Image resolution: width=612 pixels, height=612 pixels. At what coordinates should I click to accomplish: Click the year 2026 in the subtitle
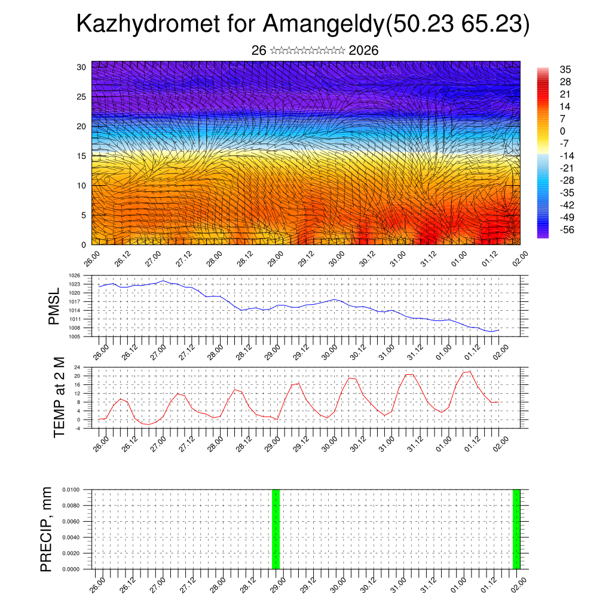363,51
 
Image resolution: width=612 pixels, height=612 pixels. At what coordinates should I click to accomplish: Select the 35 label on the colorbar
565,69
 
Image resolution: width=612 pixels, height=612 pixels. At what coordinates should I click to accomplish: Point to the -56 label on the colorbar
565,229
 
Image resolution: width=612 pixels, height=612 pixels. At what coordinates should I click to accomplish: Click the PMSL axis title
54,306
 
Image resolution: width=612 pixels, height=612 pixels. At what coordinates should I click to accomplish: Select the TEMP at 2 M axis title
59,397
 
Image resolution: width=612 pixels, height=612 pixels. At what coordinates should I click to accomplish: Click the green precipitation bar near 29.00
276,529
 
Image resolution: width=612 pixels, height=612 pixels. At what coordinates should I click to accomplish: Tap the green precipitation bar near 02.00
516,529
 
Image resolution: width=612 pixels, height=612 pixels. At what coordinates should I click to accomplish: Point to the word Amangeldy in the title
324,25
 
